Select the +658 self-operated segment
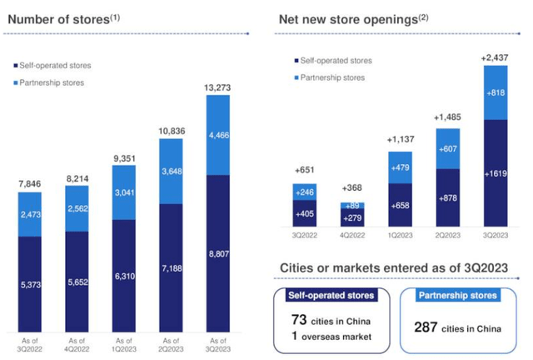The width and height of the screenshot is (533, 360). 400,205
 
